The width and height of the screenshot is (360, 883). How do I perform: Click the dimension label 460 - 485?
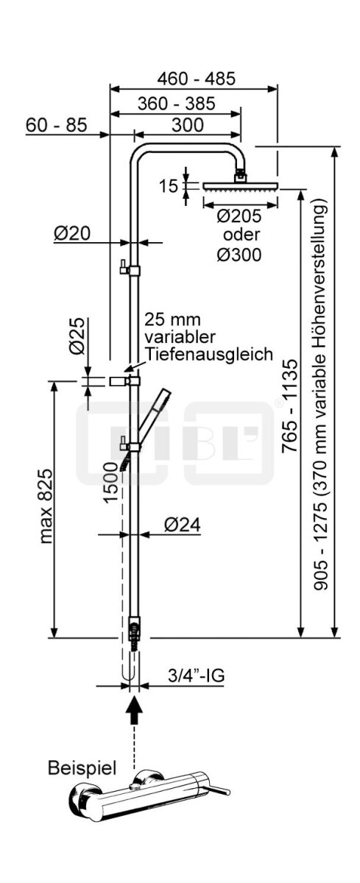click(x=196, y=79)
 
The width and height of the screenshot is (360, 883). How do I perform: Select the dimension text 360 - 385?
click(x=176, y=104)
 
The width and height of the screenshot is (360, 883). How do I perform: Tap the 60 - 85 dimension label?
click(x=56, y=125)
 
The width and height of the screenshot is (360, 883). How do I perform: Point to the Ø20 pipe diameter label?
click(x=71, y=234)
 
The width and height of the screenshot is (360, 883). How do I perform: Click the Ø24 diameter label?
click(x=182, y=525)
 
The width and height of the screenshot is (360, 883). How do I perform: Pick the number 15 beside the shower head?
click(x=169, y=186)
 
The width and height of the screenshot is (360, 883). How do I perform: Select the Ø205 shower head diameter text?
click(x=239, y=216)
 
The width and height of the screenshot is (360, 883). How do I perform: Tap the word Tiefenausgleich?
click(x=209, y=354)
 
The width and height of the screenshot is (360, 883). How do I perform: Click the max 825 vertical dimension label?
click(x=46, y=506)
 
